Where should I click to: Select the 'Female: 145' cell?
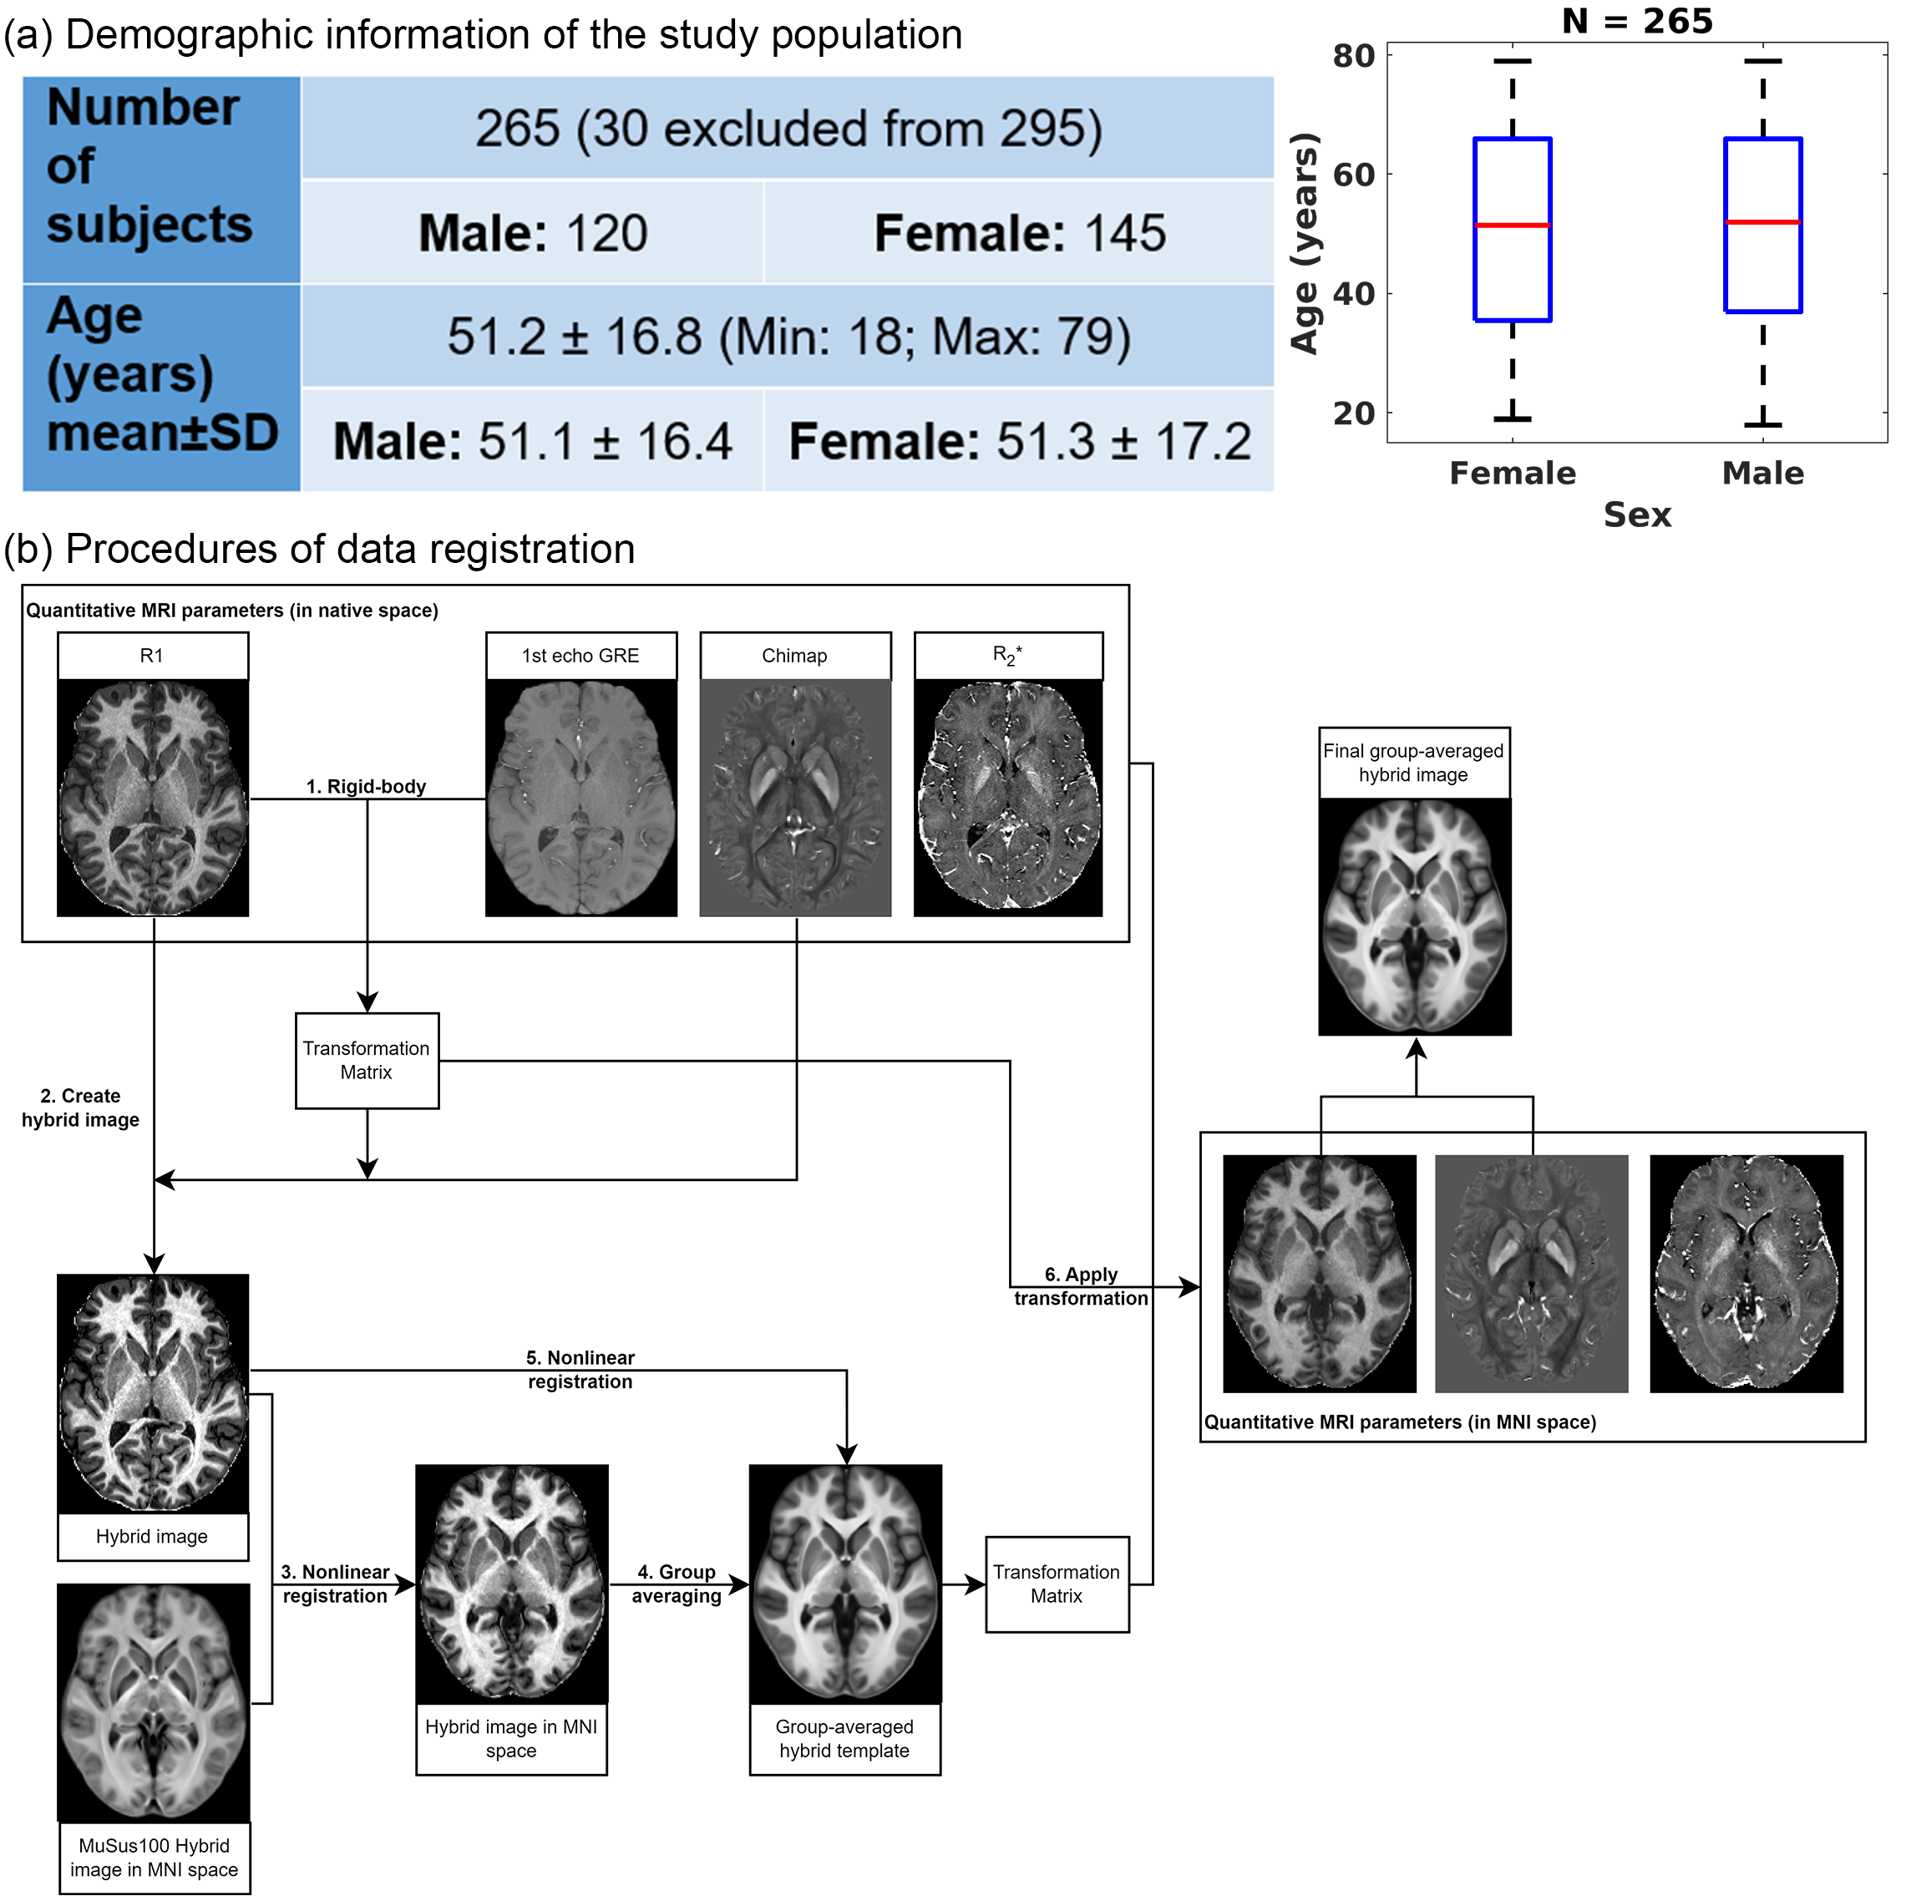coord(1019,233)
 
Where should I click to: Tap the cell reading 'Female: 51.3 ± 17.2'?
coord(1019,441)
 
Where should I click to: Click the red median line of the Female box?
coord(1513,226)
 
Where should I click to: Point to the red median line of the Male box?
coord(1762,222)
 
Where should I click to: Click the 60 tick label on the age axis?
coord(1353,175)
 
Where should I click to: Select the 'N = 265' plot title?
coord(1637,21)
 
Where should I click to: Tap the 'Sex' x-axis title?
coord(1637,515)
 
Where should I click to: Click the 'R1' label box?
coord(152,656)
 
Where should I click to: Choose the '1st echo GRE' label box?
coord(580,656)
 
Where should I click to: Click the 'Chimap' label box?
coord(794,656)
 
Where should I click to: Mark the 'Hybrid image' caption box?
coord(152,1536)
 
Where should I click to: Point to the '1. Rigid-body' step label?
coord(366,786)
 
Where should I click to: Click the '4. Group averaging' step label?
coord(677,1584)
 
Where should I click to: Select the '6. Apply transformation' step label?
coord(1080,1285)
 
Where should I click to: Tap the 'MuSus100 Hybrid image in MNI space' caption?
coord(155,1858)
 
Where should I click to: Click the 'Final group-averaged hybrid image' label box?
coord(1413,763)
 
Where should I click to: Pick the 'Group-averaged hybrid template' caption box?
coord(844,1738)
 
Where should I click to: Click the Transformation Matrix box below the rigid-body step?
coord(367,1060)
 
